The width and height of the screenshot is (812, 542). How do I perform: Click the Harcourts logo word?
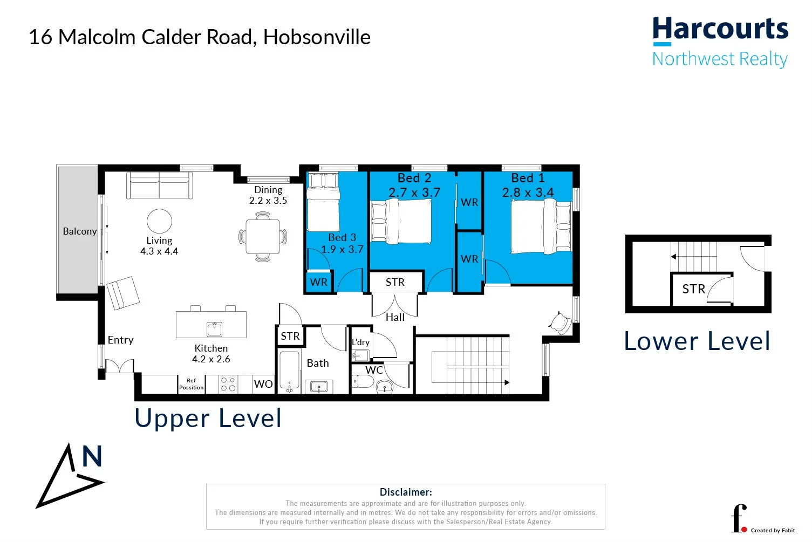(x=720, y=29)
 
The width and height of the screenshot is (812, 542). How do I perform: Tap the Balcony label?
(x=80, y=231)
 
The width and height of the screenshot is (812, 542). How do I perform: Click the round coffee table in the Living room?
(x=160, y=221)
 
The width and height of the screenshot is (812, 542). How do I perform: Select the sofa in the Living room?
(x=160, y=185)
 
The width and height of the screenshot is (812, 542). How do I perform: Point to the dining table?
(x=263, y=237)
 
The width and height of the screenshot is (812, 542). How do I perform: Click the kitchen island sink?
(x=215, y=329)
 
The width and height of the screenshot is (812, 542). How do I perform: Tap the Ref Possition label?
(x=192, y=384)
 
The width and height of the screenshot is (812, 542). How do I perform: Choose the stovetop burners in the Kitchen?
(x=228, y=385)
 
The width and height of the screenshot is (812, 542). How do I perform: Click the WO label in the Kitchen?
(x=263, y=384)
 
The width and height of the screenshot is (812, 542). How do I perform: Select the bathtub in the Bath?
(x=289, y=372)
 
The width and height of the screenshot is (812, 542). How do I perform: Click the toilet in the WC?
(x=363, y=381)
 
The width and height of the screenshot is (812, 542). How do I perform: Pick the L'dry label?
(x=361, y=342)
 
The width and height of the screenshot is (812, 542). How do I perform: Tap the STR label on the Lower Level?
(x=694, y=289)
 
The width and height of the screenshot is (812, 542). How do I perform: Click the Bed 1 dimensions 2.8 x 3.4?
(x=528, y=193)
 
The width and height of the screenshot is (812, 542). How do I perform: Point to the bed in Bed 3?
(x=323, y=202)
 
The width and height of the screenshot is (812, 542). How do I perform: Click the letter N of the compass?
(x=92, y=456)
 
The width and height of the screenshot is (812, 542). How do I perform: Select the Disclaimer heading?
(x=406, y=492)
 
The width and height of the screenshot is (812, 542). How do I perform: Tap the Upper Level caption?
(x=208, y=418)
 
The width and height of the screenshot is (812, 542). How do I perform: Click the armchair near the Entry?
(x=123, y=293)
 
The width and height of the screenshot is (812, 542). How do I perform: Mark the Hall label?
(x=395, y=317)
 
